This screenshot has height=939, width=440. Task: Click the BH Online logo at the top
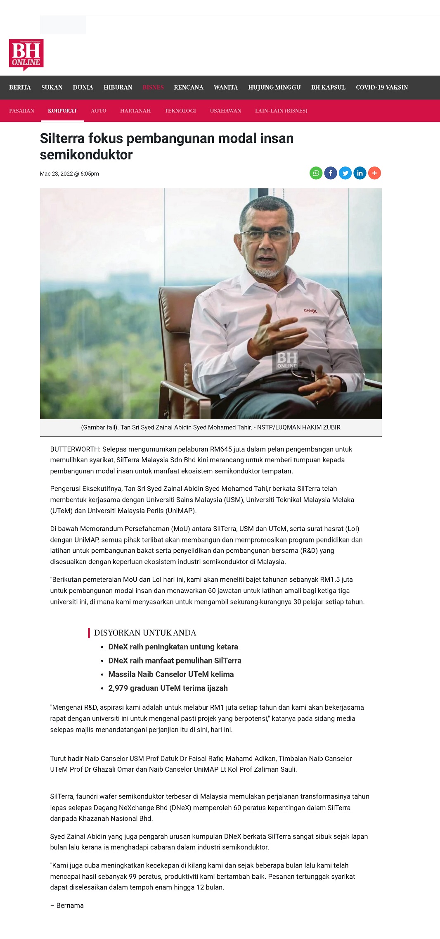coord(26,55)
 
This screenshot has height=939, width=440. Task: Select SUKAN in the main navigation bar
coord(52,88)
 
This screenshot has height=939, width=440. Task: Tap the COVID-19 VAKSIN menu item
coord(382,88)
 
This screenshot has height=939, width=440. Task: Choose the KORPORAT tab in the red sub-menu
coord(62,111)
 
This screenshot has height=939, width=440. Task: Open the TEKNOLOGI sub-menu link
coord(180,111)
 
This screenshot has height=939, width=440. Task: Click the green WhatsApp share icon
coord(316,173)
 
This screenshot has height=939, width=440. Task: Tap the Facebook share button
coord(331,173)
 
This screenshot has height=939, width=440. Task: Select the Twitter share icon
coord(345,173)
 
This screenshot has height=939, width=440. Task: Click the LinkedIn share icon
coord(360,173)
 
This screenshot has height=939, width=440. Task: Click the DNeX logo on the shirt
coord(310,311)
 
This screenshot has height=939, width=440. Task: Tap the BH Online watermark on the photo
coord(287,360)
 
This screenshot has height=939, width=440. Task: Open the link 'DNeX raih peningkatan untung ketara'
coord(173,647)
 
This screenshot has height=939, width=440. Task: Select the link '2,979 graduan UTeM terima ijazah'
coord(168,688)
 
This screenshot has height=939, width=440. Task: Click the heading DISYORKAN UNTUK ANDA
coord(145,633)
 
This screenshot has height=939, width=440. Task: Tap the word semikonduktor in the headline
coord(86,155)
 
